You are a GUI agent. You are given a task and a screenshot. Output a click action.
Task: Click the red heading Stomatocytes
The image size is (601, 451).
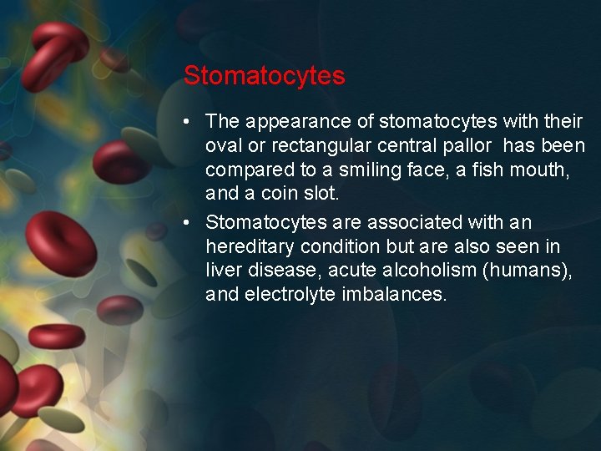(x=264, y=76)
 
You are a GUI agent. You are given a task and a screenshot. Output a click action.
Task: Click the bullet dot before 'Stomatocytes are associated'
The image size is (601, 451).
(x=189, y=223)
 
